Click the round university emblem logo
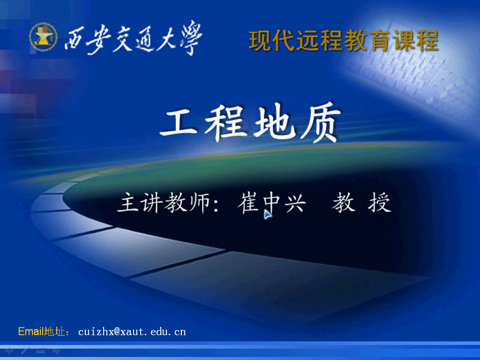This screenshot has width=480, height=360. [x=43, y=37]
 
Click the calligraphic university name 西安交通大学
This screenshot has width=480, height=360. [x=134, y=38]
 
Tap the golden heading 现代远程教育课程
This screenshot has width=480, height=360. [x=344, y=41]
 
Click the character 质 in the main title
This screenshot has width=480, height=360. [x=318, y=125]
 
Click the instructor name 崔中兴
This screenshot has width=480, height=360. [x=272, y=204]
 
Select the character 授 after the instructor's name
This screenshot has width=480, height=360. [x=380, y=204]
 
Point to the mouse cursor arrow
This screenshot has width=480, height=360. [x=267, y=214]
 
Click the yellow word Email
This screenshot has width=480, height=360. [x=30, y=332]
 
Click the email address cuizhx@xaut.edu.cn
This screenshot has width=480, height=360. [x=132, y=332]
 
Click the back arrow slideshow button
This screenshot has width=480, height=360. [x=9, y=350]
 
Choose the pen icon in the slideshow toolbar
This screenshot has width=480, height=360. [x=25, y=350]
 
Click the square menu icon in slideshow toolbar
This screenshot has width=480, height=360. [x=41, y=350]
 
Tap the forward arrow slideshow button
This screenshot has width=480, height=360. [x=57, y=350]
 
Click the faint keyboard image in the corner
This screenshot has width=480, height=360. [x=412, y=75]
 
